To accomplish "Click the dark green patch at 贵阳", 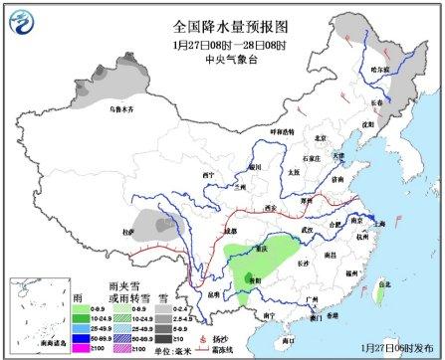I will pos(256,281).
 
